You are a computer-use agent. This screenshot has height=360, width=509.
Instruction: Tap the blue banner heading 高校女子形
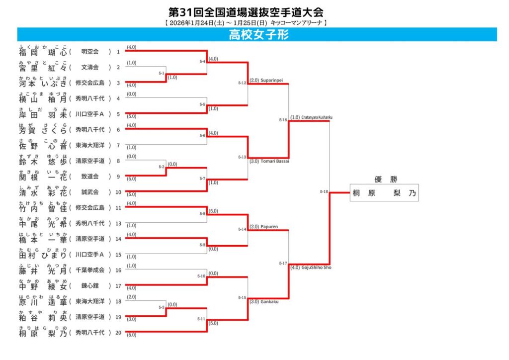pyautogui.click(x=258, y=34)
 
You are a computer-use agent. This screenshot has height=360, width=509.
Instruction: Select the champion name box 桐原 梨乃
pyautogui.click(x=384, y=192)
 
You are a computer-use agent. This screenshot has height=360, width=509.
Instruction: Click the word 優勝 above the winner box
pyautogui.click(x=384, y=180)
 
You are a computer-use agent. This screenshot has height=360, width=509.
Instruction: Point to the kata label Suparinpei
pyautogui.click(x=271, y=80)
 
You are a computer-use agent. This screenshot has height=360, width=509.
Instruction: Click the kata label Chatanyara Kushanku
pyautogui.click(x=317, y=117)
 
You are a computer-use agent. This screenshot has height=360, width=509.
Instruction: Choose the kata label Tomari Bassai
pyautogui.click(x=275, y=161)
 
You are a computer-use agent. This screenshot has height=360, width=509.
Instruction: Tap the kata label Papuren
pyautogui.click(x=269, y=227)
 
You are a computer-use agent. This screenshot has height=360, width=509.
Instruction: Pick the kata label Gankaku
pyautogui.click(x=270, y=301)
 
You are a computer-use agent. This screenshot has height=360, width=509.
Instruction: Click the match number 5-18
pyautogui.click(x=324, y=191)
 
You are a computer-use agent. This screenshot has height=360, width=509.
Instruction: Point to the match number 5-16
pyautogui.click(x=283, y=120)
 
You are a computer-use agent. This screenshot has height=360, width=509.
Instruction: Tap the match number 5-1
pyautogui.click(x=162, y=73)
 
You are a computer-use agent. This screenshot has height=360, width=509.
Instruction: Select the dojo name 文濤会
pyautogui.click(x=90, y=67)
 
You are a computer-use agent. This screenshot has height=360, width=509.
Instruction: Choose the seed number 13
pyautogui.click(x=118, y=223)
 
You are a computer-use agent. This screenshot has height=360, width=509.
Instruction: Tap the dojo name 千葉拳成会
pyautogui.click(x=90, y=270)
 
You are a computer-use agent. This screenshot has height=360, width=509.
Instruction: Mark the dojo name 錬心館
pyautogui.click(x=90, y=286)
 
